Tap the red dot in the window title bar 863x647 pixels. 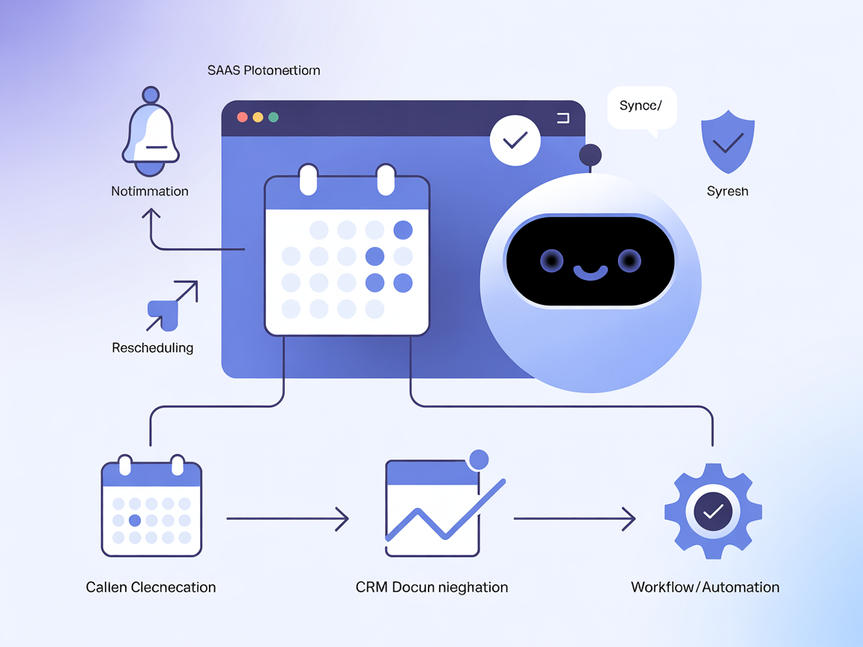[x=242, y=118]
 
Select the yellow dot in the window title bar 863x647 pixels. [x=258, y=118]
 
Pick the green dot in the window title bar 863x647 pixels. [x=273, y=118]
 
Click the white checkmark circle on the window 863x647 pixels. [x=515, y=140]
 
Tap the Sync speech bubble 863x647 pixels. [x=641, y=107]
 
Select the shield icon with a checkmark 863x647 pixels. [x=727, y=142]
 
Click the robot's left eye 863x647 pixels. [x=552, y=261]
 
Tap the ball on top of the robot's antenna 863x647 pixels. [x=590, y=155]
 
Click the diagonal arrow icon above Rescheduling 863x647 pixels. [x=172, y=306]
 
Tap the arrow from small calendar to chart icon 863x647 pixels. [x=288, y=518]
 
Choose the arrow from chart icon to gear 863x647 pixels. [x=575, y=518]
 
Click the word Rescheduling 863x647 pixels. [x=153, y=347]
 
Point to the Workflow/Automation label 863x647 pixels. [x=705, y=587]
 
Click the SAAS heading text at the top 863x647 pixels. [x=264, y=70]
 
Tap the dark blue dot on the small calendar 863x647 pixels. [x=135, y=520]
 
